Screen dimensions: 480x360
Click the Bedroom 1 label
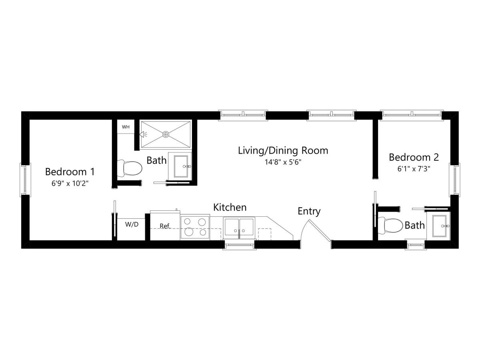70,172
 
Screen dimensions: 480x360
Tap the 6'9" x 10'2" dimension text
70,183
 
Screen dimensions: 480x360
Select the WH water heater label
126,127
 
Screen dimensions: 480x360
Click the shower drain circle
166,134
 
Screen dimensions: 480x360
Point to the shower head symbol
143,134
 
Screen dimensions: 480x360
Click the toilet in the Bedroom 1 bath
130,168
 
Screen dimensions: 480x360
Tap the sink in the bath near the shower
181,166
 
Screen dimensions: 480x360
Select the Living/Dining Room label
283,151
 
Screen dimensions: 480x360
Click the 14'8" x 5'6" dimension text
283,162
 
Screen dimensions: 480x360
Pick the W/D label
132,224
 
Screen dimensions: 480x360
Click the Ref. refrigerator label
165,226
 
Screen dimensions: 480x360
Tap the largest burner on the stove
189,232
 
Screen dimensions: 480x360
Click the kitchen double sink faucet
239,233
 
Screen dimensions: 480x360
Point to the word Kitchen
230,208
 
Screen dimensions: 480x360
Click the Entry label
309,211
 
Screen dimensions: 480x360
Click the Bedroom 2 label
414,157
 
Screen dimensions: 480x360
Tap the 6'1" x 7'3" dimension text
414,169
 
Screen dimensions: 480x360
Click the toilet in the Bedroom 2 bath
390,225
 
